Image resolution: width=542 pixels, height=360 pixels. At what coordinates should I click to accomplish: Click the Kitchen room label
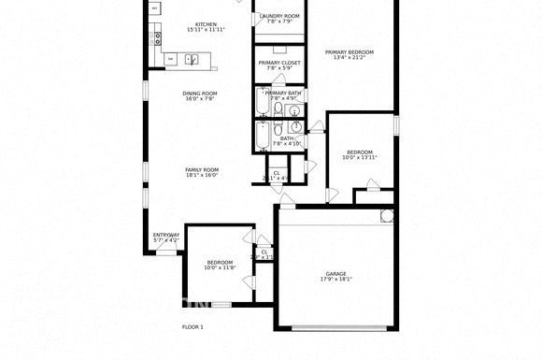coord(206,24)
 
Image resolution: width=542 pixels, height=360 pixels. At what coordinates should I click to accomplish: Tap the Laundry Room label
coord(279,16)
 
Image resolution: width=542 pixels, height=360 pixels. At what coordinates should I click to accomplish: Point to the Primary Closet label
coord(279,62)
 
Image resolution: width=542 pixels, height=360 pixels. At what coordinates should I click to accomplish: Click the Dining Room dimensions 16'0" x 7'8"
coord(200,98)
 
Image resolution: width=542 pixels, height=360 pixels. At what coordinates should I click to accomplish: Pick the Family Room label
coord(201,169)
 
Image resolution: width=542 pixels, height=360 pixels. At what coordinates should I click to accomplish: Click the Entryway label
coord(165,235)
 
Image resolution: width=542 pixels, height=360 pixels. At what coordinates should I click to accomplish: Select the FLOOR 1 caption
coord(192,326)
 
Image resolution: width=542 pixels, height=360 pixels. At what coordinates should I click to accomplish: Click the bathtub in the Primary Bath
coord(264,109)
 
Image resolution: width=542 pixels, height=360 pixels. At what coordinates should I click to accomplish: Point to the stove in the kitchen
coord(157,38)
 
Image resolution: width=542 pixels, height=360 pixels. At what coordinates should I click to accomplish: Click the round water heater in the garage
coord(387,216)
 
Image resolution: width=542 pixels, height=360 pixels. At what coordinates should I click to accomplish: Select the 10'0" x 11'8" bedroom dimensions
coord(220,268)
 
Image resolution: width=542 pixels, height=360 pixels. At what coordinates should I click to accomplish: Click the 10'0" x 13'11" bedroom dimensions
coord(360,157)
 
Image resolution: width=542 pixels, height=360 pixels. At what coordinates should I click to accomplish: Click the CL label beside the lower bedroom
coord(264,252)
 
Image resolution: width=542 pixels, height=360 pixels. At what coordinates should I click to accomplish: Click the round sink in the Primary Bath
coord(296,110)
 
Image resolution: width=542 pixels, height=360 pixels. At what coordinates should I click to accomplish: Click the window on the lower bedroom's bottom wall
coord(222,304)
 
